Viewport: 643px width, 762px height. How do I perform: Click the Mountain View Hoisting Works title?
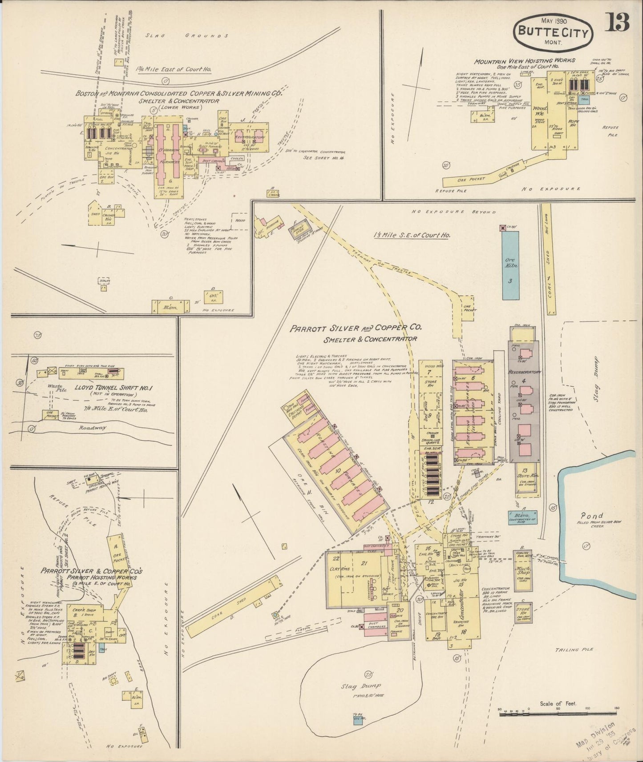pos(524,60)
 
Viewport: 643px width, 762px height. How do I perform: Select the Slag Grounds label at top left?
pos(187,36)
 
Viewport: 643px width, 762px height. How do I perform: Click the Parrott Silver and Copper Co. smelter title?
pos(356,329)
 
